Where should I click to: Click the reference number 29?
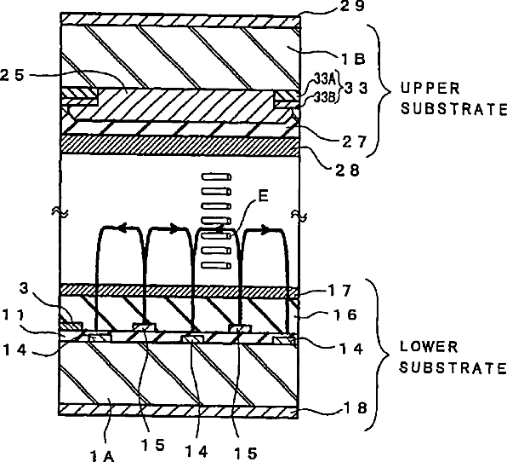point(352,5)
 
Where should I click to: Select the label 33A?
point(326,78)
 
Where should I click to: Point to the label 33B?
point(325,97)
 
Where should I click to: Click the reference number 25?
point(12,75)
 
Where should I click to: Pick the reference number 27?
point(355,141)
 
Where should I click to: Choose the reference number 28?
point(347,170)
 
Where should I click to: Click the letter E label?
point(264,196)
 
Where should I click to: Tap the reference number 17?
point(339,291)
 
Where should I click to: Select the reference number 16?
point(345,315)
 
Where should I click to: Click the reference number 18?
point(356,408)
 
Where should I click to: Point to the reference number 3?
point(25,288)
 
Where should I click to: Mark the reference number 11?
point(14,315)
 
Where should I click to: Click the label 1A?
point(102,456)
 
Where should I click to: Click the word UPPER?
point(430,88)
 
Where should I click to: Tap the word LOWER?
point(429,347)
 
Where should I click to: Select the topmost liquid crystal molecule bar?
point(216,176)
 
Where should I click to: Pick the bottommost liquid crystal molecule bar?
point(216,266)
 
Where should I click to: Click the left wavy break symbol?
point(60,212)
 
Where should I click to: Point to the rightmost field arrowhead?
point(265,230)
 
